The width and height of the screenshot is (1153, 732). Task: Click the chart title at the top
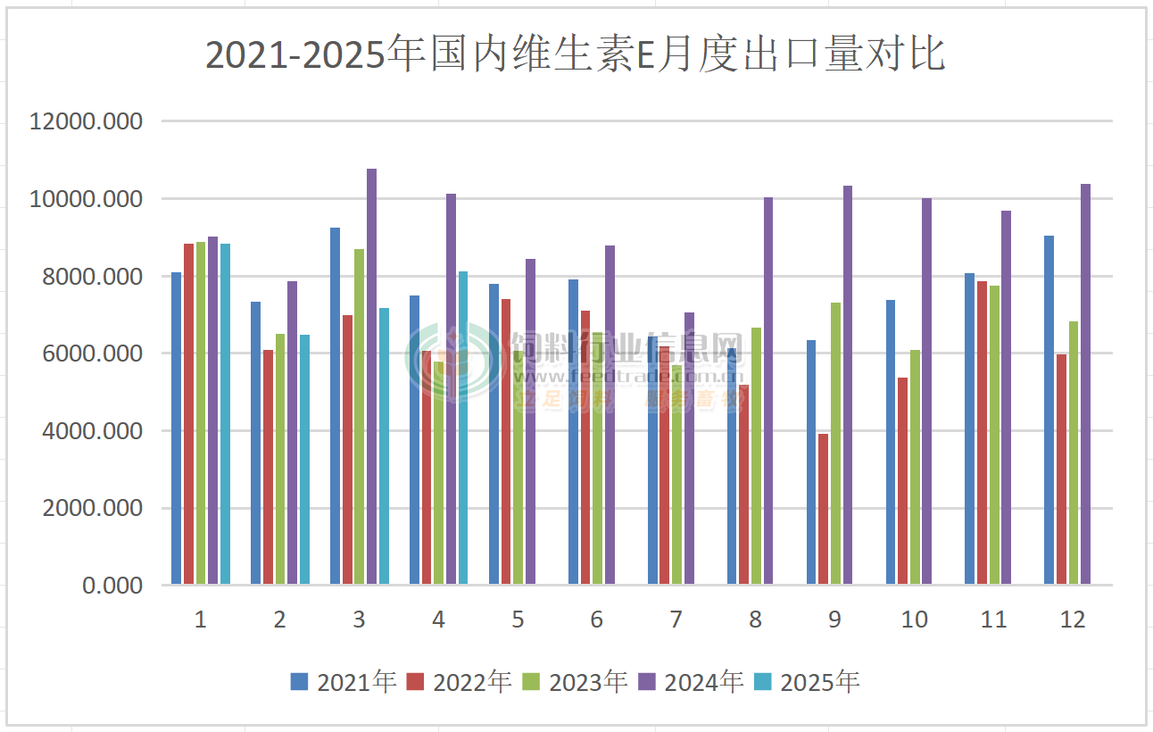tap(576, 55)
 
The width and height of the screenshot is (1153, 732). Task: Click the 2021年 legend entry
tap(344, 682)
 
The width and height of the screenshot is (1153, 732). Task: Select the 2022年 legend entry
tap(459, 682)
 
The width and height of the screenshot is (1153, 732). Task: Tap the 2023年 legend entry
tap(575, 682)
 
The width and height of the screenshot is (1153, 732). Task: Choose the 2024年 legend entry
tap(691, 682)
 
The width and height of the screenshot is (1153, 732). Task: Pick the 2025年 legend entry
tap(807, 682)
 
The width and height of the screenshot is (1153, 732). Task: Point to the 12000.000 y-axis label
tap(86, 121)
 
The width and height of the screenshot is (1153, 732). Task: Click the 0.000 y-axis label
tap(112, 586)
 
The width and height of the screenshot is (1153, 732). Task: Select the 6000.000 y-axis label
tap(92, 354)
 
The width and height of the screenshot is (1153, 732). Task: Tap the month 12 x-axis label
tap(1073, 620)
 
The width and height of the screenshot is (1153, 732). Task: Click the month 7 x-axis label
tap(676, 620)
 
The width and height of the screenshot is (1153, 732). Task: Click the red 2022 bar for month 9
tap(823, 509)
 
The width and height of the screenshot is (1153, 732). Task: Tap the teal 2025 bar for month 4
tap(462, 428)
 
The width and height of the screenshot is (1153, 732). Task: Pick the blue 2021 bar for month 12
tap(1049, 411)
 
